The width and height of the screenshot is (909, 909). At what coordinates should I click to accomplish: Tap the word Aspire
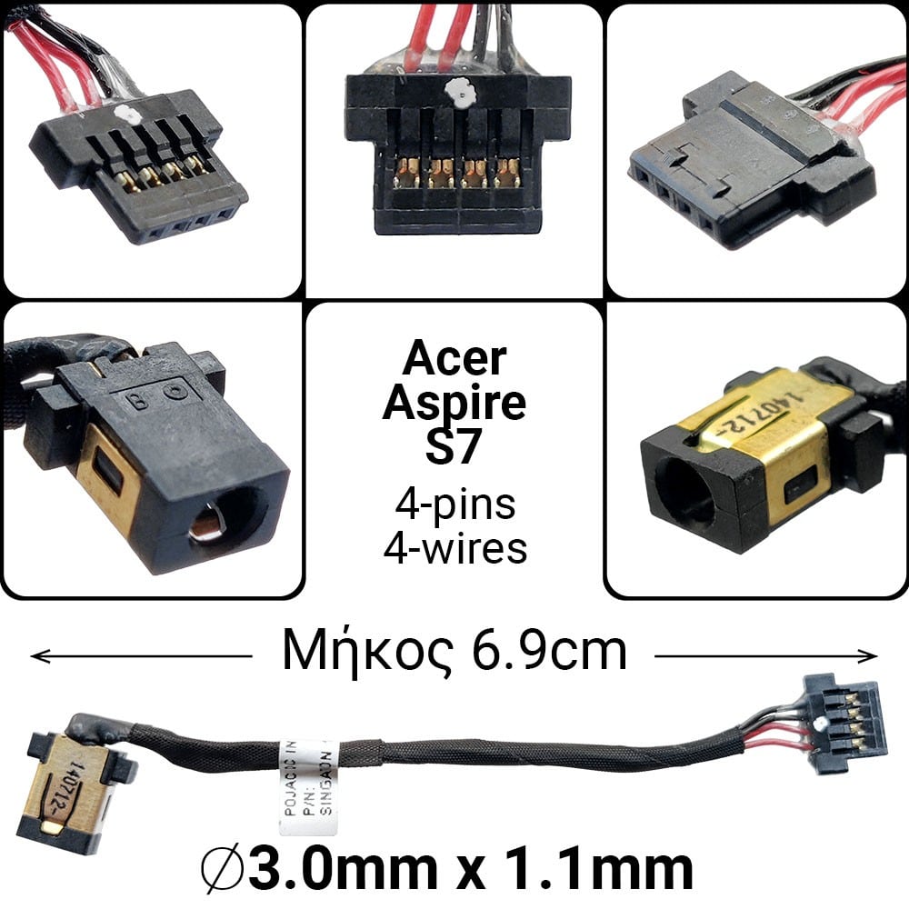point(454,404)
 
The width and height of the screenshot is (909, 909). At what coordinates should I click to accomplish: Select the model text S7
point(454,448)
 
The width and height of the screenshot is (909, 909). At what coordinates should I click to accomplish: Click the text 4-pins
point(454,504)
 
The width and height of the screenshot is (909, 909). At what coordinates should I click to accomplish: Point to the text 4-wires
point(454,548)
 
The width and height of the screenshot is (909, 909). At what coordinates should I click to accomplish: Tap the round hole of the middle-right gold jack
point(684,496)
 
